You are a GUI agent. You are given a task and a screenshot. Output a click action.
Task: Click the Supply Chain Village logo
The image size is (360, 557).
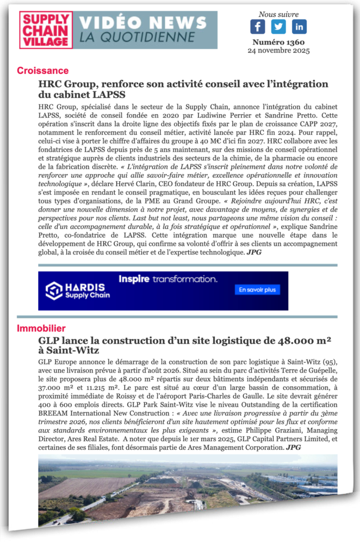tap(46, 30)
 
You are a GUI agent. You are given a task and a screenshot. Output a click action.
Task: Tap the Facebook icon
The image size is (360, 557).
tap(258, 27)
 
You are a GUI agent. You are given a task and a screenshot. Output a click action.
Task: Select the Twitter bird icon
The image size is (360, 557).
tap(278, 27)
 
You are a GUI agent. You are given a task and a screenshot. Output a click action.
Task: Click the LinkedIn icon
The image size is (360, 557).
tap(299, 27)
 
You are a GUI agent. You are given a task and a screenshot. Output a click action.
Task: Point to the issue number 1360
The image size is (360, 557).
tap(278, 42)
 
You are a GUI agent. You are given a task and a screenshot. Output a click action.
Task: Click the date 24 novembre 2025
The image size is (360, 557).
tap(278, 51)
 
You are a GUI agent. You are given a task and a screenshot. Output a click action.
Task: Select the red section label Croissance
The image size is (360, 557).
tap(42, 71)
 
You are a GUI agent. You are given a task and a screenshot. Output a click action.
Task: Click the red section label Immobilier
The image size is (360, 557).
tap(41, 329)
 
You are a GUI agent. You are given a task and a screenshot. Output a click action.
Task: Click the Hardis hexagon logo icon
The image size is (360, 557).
tap(53, 290)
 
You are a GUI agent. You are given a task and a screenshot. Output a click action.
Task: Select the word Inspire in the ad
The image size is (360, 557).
tap(134, 279)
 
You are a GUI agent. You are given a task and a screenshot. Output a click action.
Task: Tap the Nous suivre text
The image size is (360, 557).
tap(278, 14)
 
